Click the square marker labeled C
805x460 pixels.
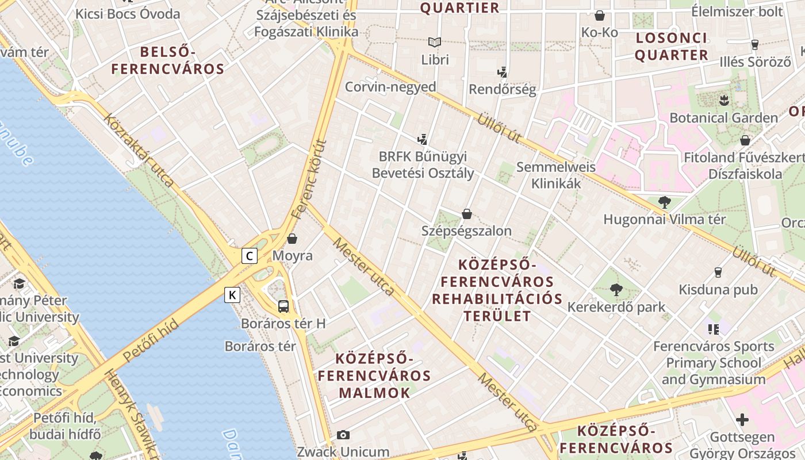(249, 255)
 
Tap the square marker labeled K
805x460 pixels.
(232, 295)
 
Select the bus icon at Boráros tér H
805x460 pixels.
(283, 306)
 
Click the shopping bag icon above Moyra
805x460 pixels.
(292, 238)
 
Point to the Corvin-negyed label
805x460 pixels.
(390, 87)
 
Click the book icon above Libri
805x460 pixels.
(435, 42)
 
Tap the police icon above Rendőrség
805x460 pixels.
(503, 72)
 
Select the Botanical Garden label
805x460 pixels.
(723, 118)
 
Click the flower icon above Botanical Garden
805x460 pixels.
(723, 101)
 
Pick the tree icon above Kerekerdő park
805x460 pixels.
(616, 289)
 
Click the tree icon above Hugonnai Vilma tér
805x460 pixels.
(664, 202)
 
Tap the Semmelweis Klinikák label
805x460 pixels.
(556, 175)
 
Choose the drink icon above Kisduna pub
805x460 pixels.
(718, 272)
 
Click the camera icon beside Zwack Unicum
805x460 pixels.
(343, 435)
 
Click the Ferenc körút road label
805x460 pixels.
(309, 179)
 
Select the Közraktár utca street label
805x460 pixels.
(139, 150)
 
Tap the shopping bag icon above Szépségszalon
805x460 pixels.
(467, 214)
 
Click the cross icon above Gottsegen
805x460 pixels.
(742, 420)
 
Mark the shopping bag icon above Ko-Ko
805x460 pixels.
(600, 16)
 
